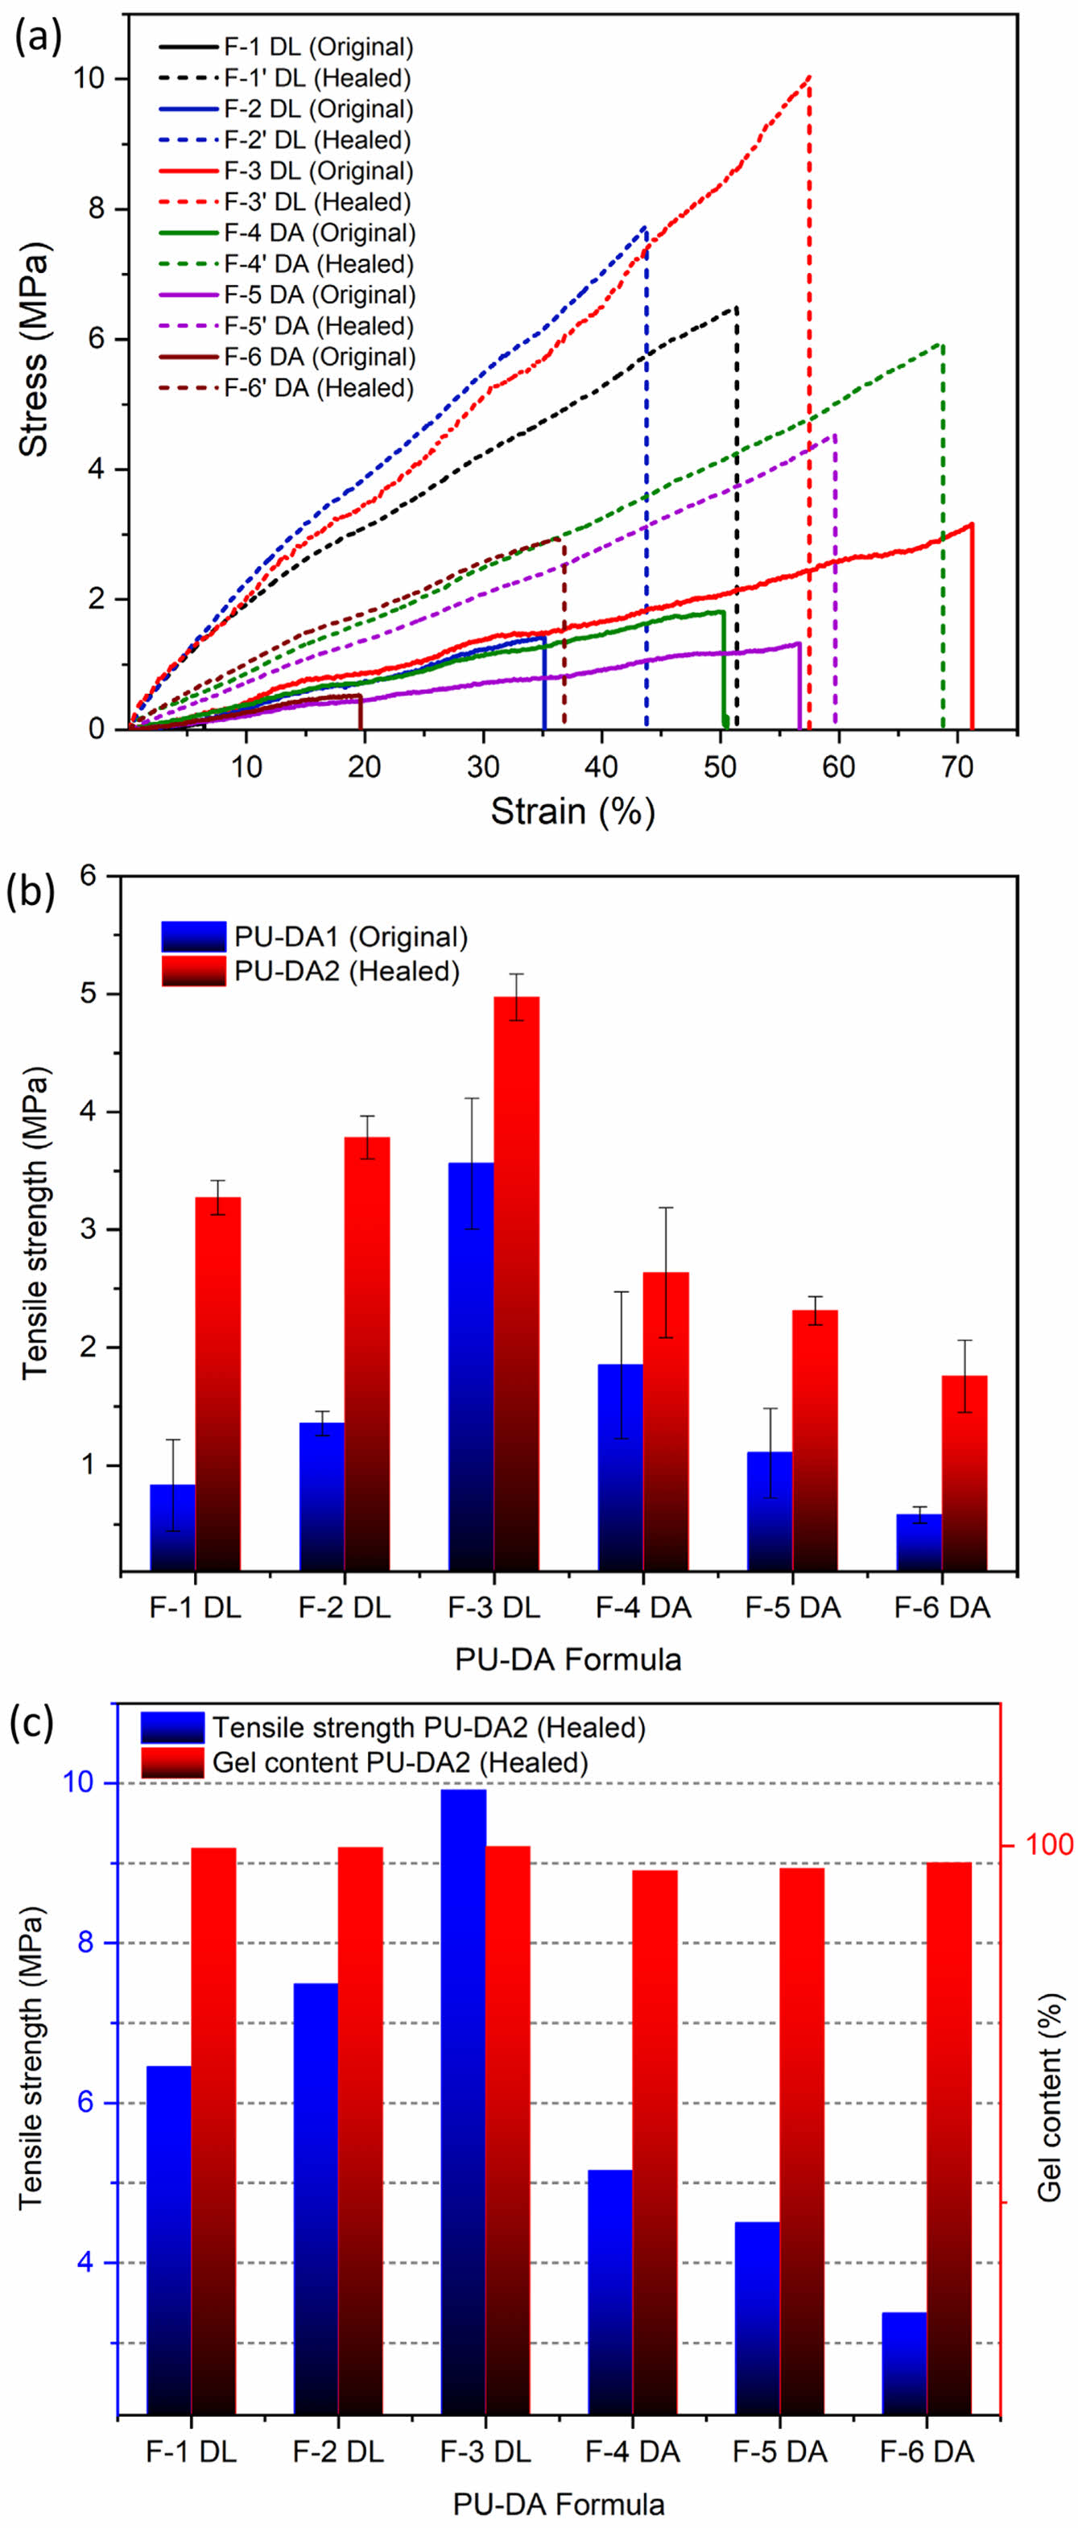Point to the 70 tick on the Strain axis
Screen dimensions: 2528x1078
point(957,766)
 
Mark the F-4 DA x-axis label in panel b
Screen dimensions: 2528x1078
point(643,1609)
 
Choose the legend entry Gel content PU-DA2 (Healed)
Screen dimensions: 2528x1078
point(399,1762)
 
